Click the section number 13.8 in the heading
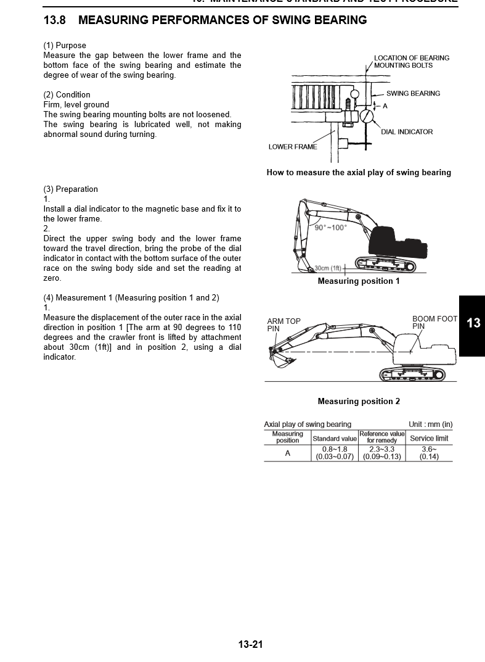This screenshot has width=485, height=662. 54,20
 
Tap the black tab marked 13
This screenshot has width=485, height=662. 473,323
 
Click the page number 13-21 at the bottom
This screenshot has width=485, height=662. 251,645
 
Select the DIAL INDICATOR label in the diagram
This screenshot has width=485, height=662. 407,132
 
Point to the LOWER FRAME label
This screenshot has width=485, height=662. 293,147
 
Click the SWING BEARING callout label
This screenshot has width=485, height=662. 413,94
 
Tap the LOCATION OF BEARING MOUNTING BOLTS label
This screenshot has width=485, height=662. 412,62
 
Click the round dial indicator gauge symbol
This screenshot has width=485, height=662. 367,115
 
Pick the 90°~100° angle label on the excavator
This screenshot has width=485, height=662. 331,228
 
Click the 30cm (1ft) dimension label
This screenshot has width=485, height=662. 327,268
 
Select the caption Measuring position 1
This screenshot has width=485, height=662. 359,281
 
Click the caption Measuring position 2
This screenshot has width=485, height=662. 359,402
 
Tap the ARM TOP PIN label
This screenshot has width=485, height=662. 283,325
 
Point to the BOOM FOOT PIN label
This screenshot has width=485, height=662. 434,323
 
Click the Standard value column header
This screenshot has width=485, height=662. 335,439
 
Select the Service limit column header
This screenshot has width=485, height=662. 429,439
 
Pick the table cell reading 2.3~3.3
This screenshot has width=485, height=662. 381,449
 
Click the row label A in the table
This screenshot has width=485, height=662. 287,453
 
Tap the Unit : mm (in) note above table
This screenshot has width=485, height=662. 430,424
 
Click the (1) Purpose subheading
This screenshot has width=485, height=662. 65,46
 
